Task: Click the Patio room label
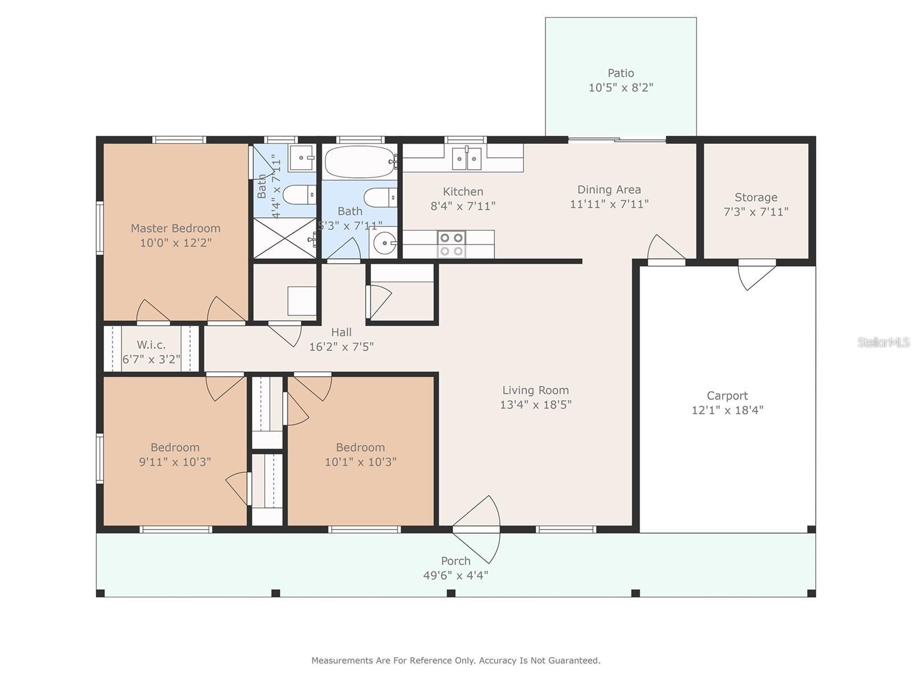pos(620,73)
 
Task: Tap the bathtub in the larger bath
pos(360,162)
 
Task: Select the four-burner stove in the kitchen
pos(451,244)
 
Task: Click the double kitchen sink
pos(467,158)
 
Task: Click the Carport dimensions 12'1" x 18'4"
pos(727,410)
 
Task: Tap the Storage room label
pos(755,197)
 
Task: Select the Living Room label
pos(535,390)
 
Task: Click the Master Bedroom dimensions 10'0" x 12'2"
pos(176,243)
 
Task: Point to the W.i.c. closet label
pos(151,345)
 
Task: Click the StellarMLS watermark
pos(883,342)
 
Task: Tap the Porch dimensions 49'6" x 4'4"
pos(455,576)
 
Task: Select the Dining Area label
pos(609,190)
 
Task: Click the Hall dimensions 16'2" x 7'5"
pos(341,347)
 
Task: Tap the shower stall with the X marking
pos(285,239)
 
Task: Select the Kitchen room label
pos(463,192)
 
